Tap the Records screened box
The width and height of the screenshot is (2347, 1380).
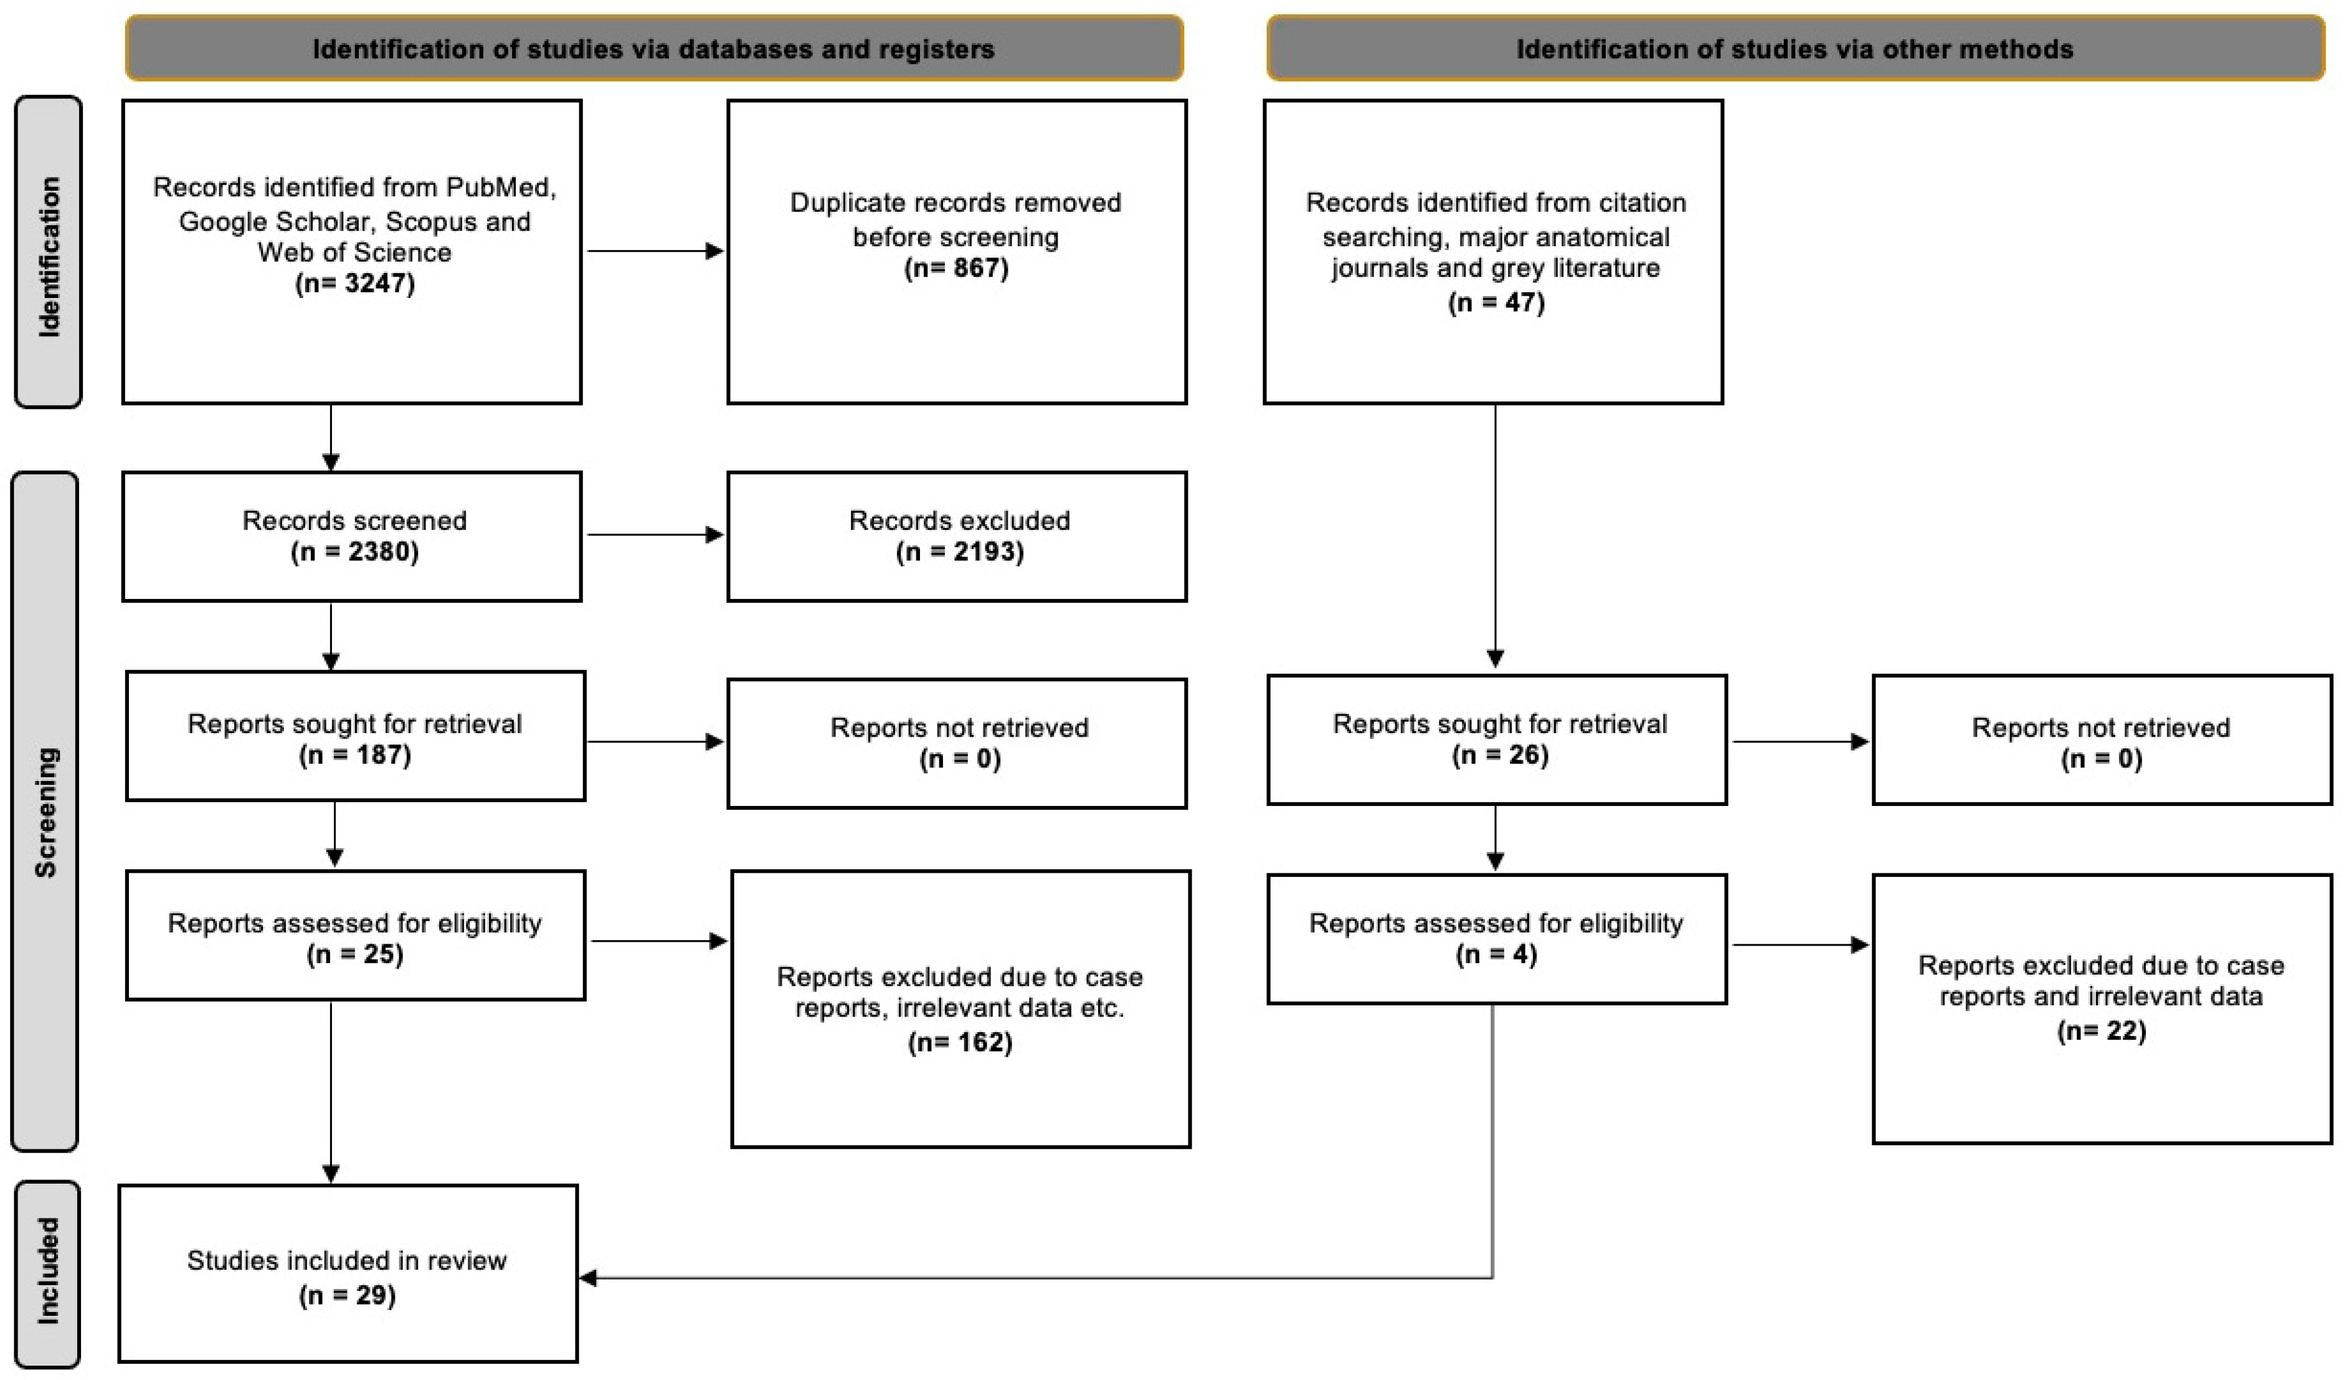[352, 537]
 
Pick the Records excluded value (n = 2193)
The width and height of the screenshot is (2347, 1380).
[959, 552]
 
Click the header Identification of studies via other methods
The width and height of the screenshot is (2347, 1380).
[1794, 49]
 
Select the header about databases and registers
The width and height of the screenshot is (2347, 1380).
[654, 49]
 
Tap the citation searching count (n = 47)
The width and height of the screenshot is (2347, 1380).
[1496, 303]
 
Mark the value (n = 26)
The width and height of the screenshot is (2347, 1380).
[1499, 755]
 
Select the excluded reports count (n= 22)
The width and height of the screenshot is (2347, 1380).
[2101, 1030]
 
